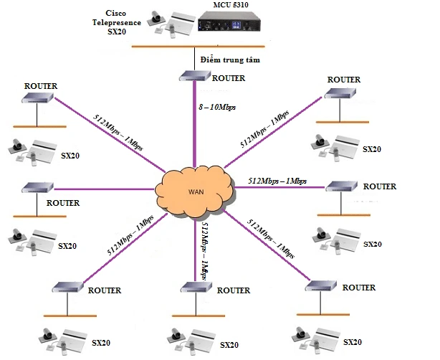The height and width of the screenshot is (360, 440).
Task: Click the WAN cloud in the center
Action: (193, 191)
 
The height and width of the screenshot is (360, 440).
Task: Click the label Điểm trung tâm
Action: (230, 60)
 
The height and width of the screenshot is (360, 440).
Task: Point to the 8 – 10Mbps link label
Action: (217, 106)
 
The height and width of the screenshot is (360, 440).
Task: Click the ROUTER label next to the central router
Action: (229, 77)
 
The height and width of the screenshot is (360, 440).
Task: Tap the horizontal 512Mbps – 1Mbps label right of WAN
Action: (277, 181)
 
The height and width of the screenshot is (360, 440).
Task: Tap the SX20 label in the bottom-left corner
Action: (102, 343)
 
